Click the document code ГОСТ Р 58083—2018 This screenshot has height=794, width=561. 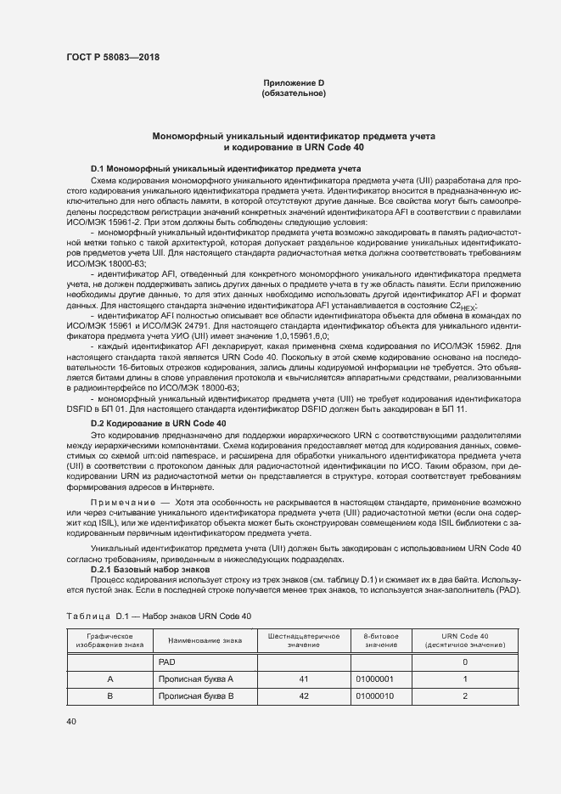coord(112,58)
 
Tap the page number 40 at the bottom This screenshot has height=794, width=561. coord(70,722)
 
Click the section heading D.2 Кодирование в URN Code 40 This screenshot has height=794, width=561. coord(159,399)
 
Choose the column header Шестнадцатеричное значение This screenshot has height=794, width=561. coord(303,640)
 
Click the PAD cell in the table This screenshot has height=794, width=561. coord(167,662)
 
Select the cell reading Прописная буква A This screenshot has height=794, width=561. coord(195,679)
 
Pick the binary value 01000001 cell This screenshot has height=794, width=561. coord(375,679)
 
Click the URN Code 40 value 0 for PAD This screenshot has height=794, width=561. coord(465,662)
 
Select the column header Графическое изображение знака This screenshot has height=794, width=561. coord(109,640)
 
